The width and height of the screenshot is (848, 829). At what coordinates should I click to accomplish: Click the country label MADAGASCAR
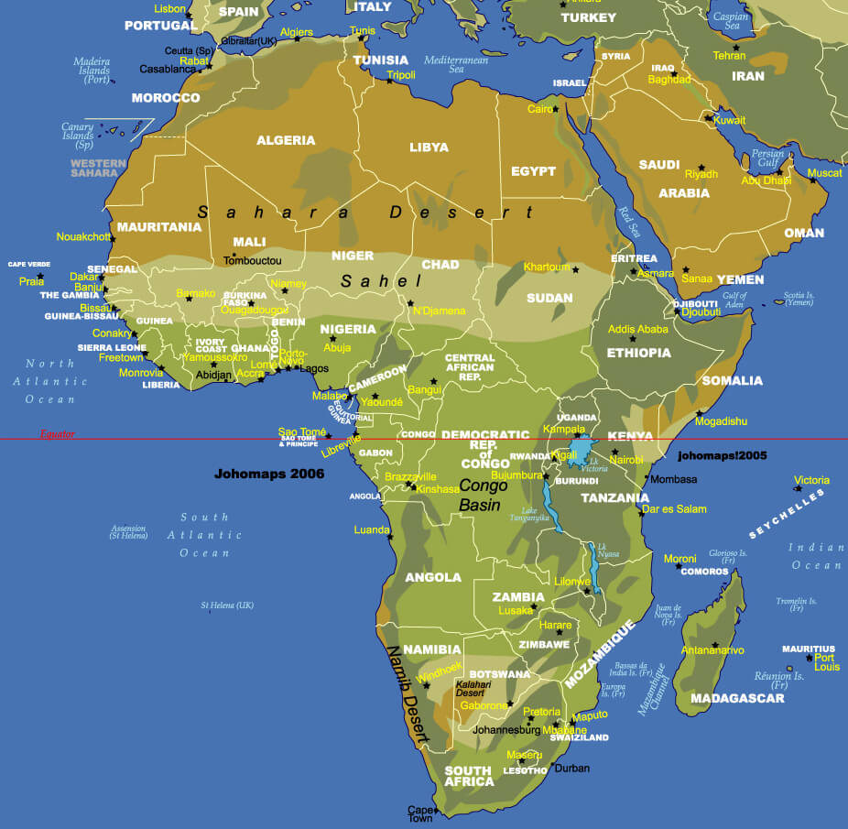tap(738, 698)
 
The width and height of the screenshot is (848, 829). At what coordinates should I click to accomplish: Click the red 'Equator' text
tap(57, 434)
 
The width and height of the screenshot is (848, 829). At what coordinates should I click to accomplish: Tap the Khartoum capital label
tap(546, 267)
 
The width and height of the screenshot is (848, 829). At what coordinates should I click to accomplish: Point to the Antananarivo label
tap(712, 650)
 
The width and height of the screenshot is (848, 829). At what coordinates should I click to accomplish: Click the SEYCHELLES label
tap(786, 513)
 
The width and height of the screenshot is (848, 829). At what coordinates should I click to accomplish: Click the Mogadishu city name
tap(721, 421)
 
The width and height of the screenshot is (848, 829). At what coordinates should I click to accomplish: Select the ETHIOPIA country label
tap(638, 353)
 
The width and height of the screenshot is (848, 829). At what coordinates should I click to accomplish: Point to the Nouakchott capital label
tap(83, 236)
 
